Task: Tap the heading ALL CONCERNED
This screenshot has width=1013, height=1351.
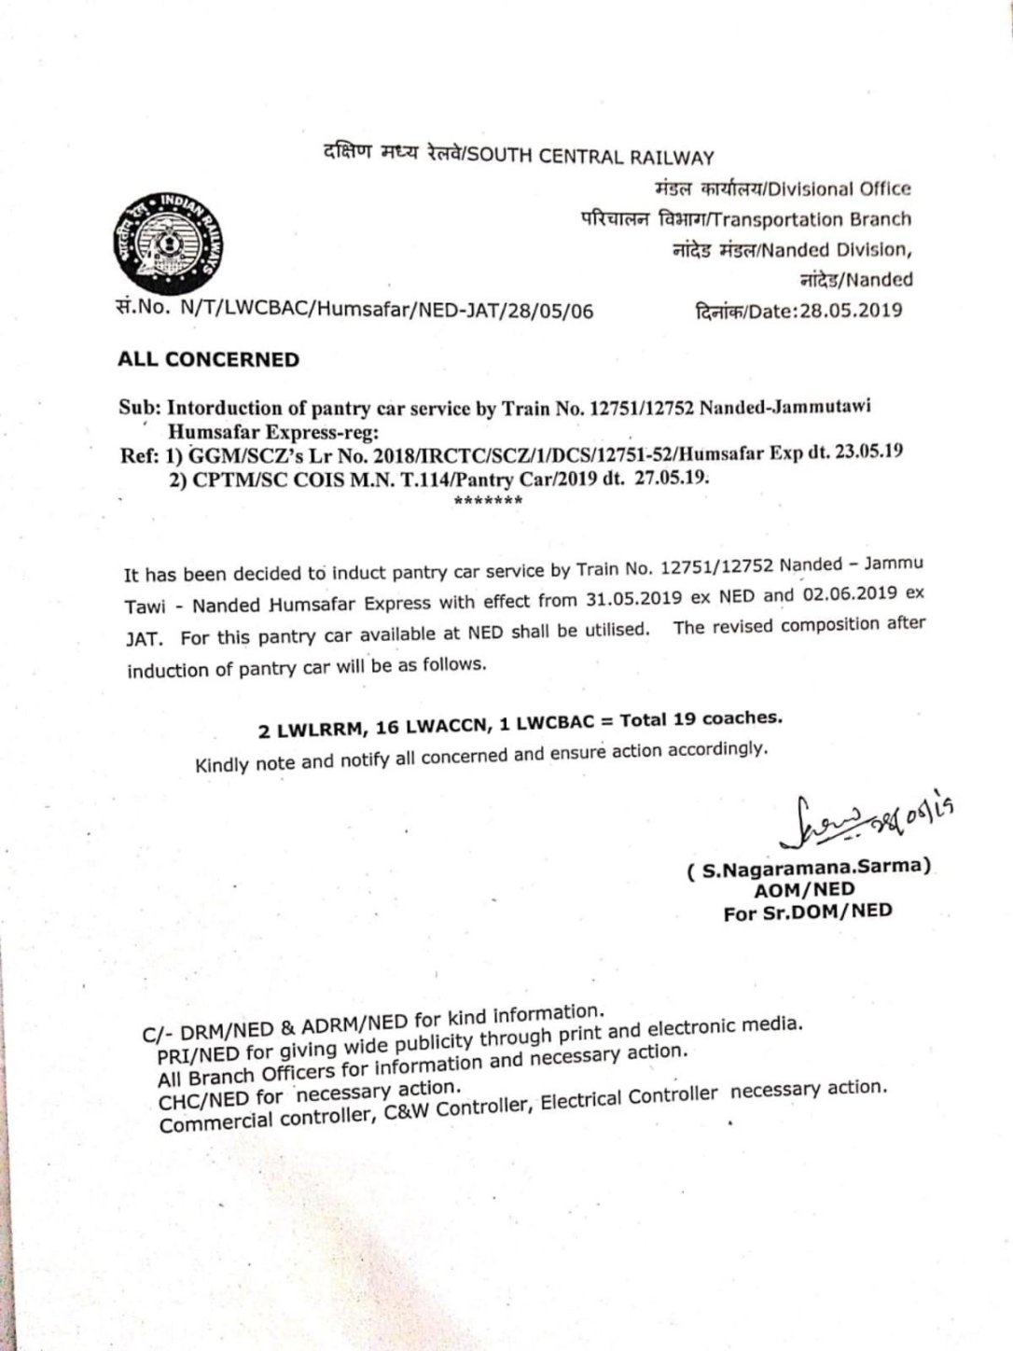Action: tap(209, 359)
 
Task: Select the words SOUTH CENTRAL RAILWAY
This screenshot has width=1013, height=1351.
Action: tap(590, 157)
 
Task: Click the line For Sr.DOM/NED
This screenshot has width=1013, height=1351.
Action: tap(808, 912)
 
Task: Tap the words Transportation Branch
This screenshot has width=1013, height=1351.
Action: tap(811, 219)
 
